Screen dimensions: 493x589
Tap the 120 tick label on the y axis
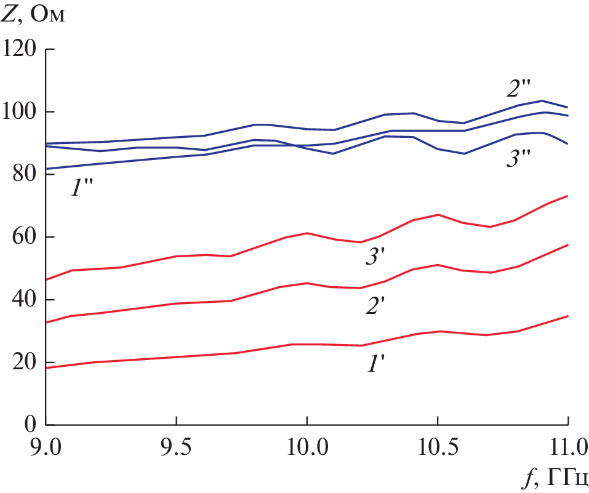(x=21, y=49)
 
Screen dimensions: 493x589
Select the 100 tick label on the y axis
(x=21, y=112)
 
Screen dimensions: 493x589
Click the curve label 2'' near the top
(x=519, y=89)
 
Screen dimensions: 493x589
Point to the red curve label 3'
(x=375, y=257)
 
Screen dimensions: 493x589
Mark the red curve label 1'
(x=375, y=364)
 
